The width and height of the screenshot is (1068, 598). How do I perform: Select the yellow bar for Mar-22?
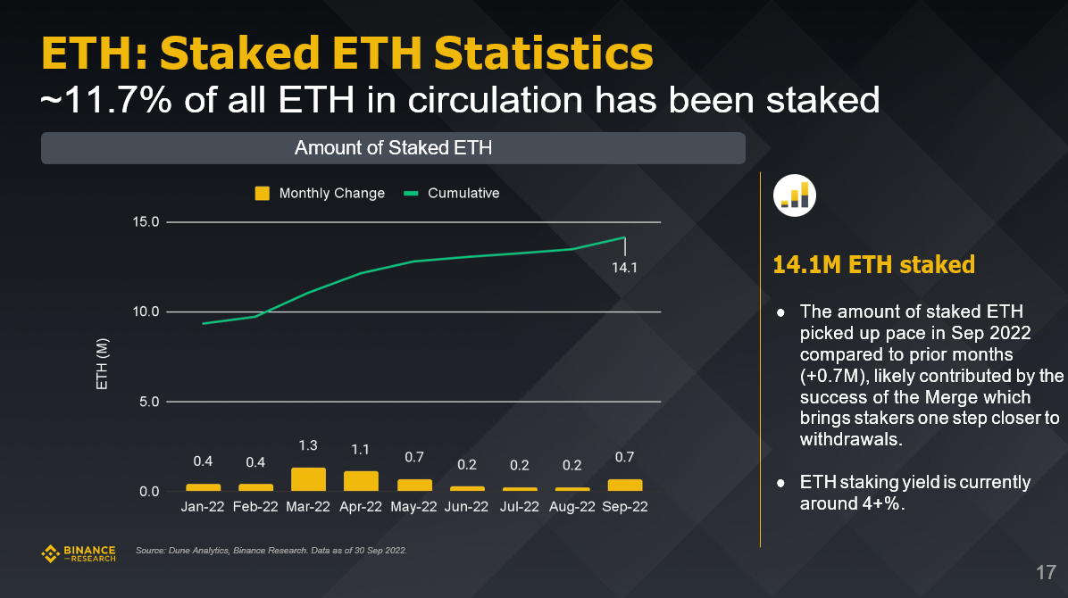click(x=308, y=479)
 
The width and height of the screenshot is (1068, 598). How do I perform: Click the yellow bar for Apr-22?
click(x=361, y=481)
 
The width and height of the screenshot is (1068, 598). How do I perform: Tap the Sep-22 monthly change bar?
click(x=624, y=485)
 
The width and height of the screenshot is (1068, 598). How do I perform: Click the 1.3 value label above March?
click(x=308, y=444)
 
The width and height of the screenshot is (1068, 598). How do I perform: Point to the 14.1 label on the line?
click(x=624, y=267)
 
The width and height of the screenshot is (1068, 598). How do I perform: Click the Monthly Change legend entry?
click(x=321, y=193)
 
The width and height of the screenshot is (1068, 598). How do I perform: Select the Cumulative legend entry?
click(x=452, y=193)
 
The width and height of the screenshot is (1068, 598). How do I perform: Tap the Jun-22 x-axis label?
click(x=466, y=506)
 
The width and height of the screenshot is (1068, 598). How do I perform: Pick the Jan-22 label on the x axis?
click(x=203, y=506)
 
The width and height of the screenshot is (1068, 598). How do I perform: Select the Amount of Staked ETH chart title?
click(x=393, y=148)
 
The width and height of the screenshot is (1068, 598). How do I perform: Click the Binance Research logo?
click(x=79, y=553)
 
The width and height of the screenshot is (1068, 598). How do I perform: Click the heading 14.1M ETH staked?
click(x=873, y=265)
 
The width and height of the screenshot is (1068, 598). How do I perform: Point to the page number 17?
click(x=1046, y=572)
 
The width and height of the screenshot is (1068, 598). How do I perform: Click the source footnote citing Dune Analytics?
click(x=271, y=551)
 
